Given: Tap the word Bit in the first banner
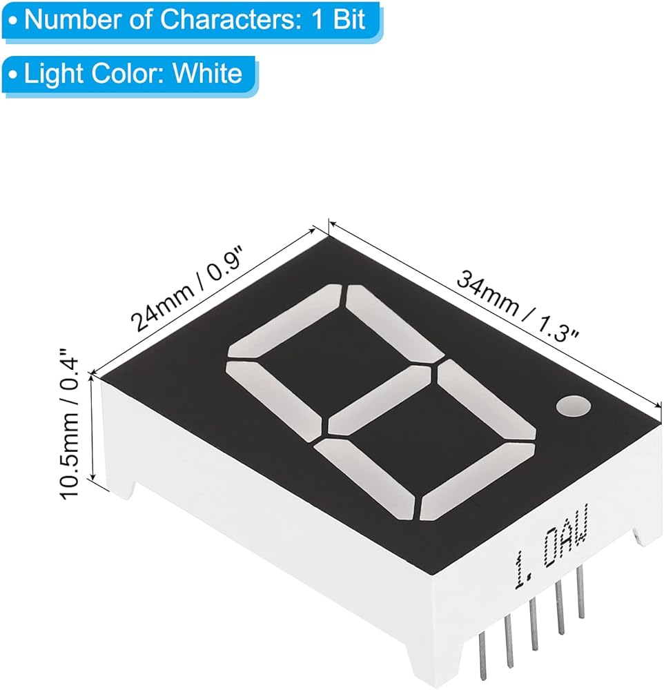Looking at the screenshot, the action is tap(350, 20).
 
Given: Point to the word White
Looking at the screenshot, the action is tap(207, 73).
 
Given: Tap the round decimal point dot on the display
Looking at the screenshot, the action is tap(573, 406).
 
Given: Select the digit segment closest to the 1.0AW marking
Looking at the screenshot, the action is tap(478, 482).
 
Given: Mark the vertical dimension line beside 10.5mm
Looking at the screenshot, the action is tap(92, 427).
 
